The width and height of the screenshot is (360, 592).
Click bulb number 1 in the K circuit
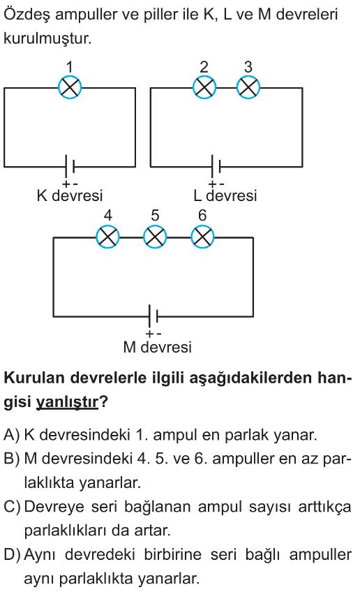[70, 87]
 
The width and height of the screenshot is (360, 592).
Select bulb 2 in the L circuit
[204, 87]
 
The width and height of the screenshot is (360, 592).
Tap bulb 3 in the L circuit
[248, 87]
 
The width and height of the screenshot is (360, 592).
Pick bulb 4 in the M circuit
[108, 237]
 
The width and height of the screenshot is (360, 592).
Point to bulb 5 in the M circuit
[155, 237]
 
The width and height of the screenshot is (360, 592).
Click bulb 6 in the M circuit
[202, 237]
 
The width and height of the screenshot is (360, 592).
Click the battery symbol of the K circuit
[70, 166]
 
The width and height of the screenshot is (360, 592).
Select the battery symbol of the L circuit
[216, 166]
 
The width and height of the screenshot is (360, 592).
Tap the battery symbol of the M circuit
[153, 316]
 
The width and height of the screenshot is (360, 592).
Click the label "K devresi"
[70, 195]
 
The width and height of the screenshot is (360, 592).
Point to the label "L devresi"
[225, 195]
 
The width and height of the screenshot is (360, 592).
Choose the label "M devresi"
[158, 347]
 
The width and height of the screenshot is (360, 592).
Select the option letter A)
[11, 436]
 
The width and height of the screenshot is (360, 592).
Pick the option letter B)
[11, 459]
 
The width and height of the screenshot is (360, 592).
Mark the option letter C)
[12, 507]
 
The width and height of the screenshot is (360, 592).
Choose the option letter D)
[12, 555]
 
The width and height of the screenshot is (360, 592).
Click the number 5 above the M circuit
[155, 215]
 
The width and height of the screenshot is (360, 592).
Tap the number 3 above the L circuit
[248, 67]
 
